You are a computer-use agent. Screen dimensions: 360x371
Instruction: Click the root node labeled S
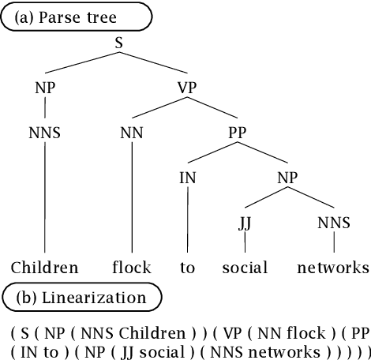(118, 44)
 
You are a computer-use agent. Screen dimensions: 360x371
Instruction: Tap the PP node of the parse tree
(238, 133)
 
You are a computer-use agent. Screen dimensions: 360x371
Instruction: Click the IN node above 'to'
(187, 178)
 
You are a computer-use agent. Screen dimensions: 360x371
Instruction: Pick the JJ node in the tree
(245, 223)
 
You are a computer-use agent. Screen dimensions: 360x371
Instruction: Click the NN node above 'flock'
(131, 133)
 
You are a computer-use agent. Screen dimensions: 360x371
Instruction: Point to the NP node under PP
(288, 178)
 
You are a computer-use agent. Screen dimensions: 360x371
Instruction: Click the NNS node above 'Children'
(45, 133)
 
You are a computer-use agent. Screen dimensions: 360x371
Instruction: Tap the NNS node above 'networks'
(333, 223)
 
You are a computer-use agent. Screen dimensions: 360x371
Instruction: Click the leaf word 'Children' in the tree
(45, 268)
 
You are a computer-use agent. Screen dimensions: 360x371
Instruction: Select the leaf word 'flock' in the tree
(131, 268)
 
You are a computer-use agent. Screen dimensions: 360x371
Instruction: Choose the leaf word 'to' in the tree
(187, 268)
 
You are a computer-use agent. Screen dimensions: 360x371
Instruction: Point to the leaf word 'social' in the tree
(245, 268)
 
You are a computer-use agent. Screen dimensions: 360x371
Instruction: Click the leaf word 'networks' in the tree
(333, 268)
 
